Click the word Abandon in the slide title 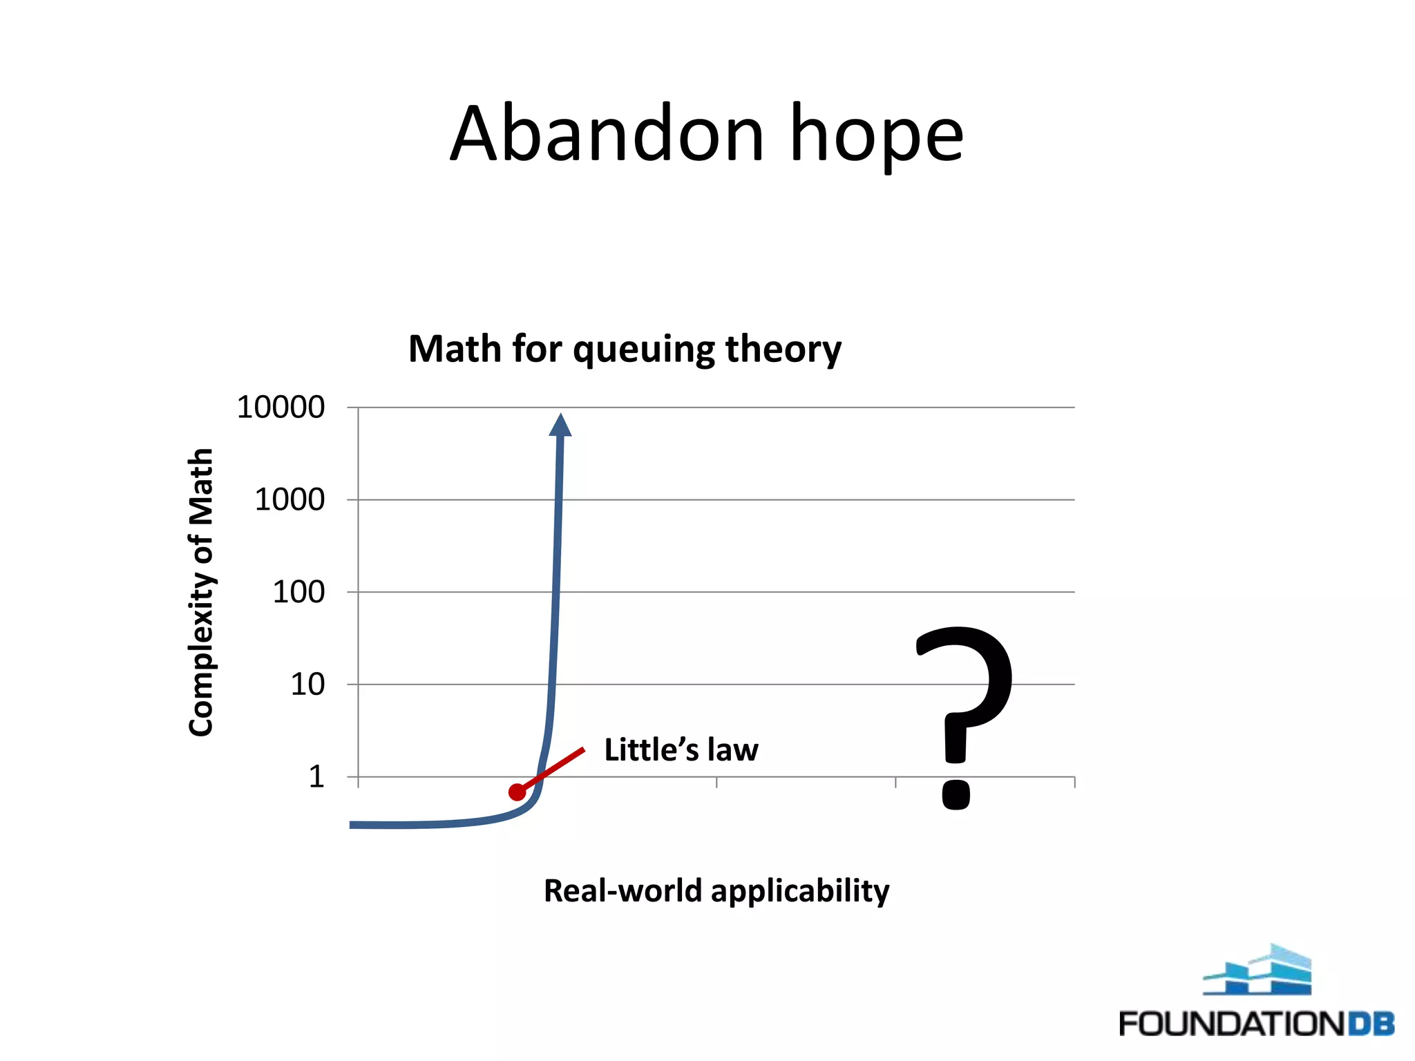click(x=607, y=134)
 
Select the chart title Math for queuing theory click(x=625, y=349)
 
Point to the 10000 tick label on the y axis click(x=281, y=408)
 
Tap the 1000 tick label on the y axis click(x=289, y=499)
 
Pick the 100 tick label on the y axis click(x=298, y=592)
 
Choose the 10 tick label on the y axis click(x=307, y=685)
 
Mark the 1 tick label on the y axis click(x=316, y=777)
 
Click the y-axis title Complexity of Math click(x=201, y=592)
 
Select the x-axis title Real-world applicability click(x=716, y=891)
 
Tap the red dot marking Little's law click(x=517, y=792)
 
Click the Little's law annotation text click(x=681, y=750)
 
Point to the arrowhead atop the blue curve click(x=560, y=426)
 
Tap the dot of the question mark click(x=956, y=794)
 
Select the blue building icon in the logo click(x=1257, y=971)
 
